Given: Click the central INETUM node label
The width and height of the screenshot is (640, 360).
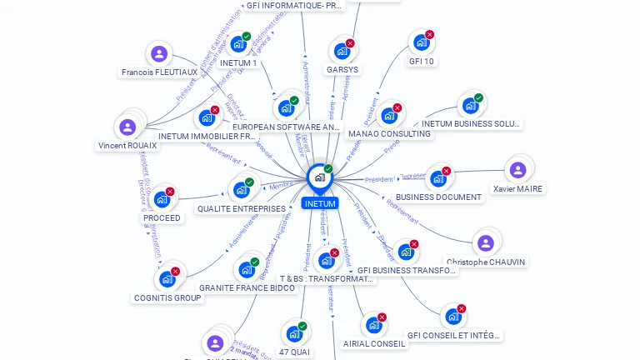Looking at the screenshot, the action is coord(320,203).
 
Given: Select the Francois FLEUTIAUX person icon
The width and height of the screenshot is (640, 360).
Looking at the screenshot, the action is coord(159,55).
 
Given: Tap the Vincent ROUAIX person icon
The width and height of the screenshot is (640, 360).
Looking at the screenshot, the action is coord(127,127).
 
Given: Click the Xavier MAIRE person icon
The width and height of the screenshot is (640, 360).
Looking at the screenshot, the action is coord(517,171).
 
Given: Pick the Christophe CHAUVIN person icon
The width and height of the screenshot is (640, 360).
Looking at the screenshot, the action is coord(486,243).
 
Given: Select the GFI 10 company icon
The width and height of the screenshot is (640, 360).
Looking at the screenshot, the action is coord(421,42).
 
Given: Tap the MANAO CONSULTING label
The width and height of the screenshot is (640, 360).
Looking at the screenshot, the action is coord(389,133).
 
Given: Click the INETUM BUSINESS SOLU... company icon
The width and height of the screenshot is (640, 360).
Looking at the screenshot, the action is coord(470,106).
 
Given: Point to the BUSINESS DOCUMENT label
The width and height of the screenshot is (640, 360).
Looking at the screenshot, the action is coord(438,197).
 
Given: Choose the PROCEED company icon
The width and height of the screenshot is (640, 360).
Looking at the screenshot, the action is coord(162,200).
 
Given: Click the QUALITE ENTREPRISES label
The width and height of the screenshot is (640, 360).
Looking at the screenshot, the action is coord(241,208).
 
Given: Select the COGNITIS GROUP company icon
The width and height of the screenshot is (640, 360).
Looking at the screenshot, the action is coord(167,279).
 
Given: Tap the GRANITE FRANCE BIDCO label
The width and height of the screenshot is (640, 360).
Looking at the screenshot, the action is coord(247,287).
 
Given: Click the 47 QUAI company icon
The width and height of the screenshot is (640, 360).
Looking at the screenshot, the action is coord(293,334).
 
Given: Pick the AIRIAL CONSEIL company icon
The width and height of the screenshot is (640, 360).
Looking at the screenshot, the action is coord(373,325).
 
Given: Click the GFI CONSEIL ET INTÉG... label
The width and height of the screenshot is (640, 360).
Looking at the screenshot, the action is coord(454,335).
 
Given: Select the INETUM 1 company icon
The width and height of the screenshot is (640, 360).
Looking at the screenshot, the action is coord(238,45).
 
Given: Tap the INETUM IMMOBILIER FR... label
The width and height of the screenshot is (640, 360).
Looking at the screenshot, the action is coord(207,136).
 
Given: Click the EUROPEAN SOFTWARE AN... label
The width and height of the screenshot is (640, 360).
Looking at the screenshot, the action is coord(287,127).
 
